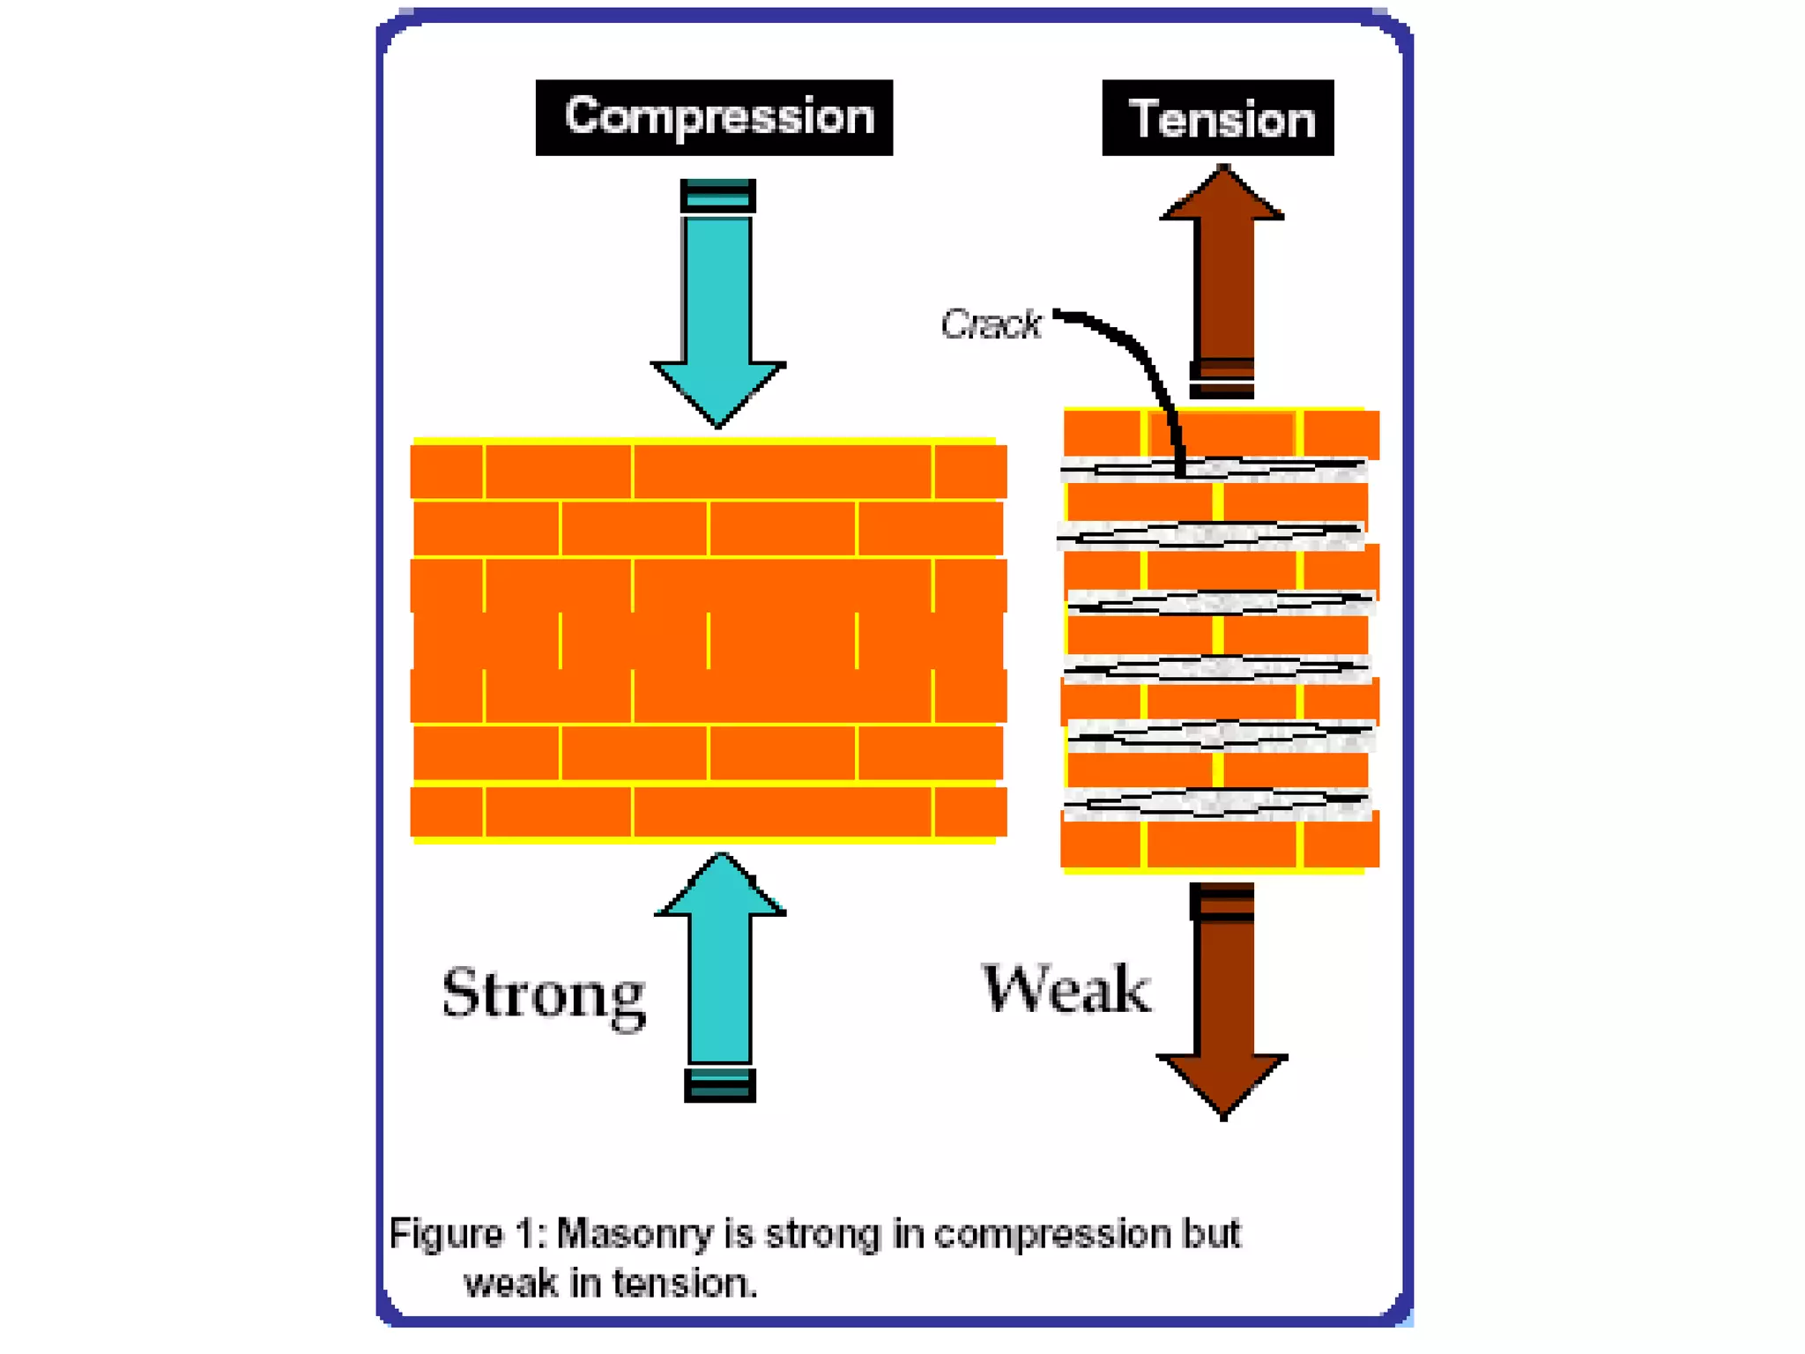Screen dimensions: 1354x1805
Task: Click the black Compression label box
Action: tap(714, 117)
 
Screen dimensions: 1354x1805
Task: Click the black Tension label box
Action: tap(1218, 118)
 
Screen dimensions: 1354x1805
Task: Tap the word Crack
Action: tap(991, 324)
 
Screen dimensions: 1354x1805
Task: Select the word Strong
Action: tap(544, 995)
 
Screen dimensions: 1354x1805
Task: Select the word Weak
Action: tap(1066, 989)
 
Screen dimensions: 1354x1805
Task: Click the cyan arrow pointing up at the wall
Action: tap(721, 970)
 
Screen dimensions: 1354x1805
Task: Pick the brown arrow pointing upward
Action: tap(1222, 273)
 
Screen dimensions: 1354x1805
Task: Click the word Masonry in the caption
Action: tap(635, 1234)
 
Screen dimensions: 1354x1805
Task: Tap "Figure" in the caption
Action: tap(445, 1234)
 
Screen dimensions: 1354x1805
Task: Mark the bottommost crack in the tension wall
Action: tap(1216, 801)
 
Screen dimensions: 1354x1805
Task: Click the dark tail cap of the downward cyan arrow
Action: tap(718, 196)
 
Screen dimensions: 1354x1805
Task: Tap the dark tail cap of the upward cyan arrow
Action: tap(720, 1085)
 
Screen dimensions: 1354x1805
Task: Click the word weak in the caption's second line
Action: tap(511, 1283)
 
